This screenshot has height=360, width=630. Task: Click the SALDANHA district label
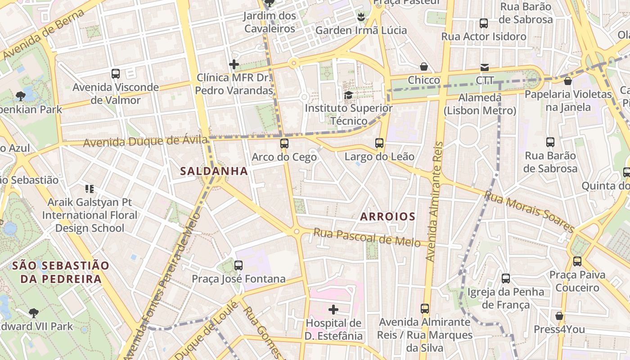tap(214, 171)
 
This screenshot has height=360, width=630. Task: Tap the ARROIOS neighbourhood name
tap(387, 216)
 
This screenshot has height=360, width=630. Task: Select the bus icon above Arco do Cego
tap(284, 144)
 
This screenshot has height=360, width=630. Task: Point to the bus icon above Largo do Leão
tap(379, 143)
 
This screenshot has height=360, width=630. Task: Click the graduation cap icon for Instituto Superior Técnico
tap(348, 95)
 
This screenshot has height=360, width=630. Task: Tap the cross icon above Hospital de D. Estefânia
tap(333, 309)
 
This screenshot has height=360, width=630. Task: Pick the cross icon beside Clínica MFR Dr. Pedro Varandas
tap(234, 64)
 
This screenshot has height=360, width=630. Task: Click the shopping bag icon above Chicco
tap(423, 67)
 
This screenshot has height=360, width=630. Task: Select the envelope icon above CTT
tap(485, 67)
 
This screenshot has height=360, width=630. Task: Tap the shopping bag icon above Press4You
tap(559, 316)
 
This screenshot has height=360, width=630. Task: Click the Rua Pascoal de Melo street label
tap(367, 238)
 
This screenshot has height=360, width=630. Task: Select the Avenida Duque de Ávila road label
tap(146, 142)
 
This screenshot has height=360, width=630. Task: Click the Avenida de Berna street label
tap(43, 34)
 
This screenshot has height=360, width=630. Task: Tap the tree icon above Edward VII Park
tap(33, 313)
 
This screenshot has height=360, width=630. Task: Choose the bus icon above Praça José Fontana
tap(238, 265)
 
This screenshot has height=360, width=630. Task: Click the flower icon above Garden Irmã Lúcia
tap(360, 17)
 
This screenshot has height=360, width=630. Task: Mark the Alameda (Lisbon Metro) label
tap(480, 104)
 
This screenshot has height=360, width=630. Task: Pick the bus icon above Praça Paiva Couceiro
tap(577, 261)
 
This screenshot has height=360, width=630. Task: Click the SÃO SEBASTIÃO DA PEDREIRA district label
tap(60, 272)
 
